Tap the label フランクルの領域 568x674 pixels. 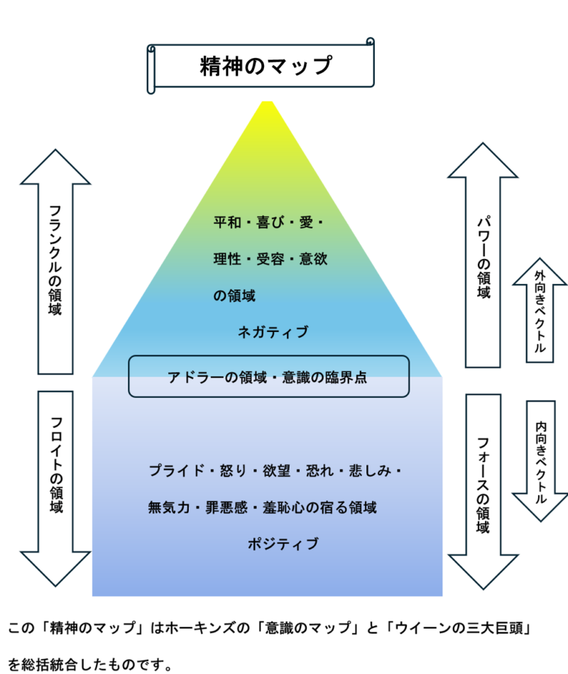coord(55,260)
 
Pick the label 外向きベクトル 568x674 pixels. coord(540,312)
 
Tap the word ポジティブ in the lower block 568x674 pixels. coord(283,544)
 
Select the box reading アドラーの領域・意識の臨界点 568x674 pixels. coord(268,377)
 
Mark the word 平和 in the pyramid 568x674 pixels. coord(227,221)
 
